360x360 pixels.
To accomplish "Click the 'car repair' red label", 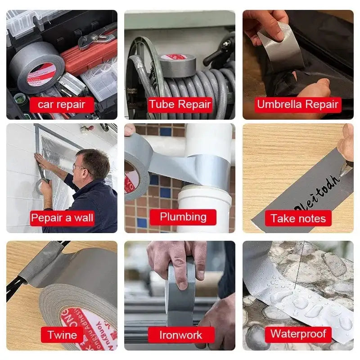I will coord(61,105).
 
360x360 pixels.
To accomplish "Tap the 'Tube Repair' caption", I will coord(180,105).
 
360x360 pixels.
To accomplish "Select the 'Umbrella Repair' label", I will coord(297,105).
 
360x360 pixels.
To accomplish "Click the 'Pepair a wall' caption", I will coord(62,219).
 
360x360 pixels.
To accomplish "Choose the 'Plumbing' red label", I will coord(183,217).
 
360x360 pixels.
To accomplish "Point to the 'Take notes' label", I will coord(298,219).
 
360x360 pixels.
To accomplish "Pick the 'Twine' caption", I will coord(62,335).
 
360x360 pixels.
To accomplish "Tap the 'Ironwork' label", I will coord(180,335).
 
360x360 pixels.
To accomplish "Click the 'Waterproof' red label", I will coord(298,334).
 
